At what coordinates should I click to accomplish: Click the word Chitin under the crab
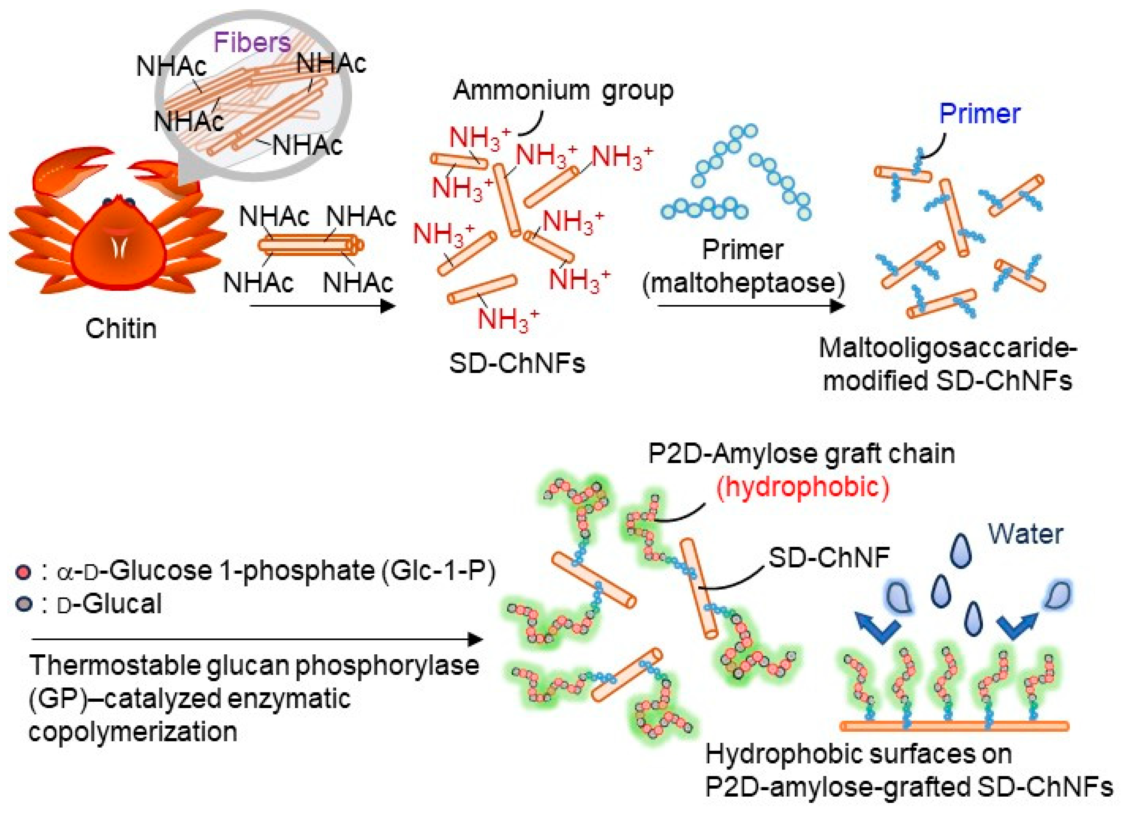click(x=121, y=328)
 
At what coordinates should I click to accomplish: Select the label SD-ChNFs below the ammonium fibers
click(x=516, y=363)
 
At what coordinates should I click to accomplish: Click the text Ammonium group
click(x=563, y=91)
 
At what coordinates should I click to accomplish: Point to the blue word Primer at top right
click(x=980, y=114)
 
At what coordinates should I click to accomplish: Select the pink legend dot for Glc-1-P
click(x=23, y=572)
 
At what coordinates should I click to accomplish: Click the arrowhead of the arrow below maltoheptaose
click(x=837, y=306)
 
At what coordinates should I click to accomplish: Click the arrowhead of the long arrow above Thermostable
click(x=476, y=639)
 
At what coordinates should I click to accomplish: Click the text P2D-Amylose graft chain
click(x=801, y=454)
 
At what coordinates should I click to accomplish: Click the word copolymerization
click(x=133, y=732)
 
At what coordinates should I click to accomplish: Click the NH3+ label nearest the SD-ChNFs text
click(x=507, y=318)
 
